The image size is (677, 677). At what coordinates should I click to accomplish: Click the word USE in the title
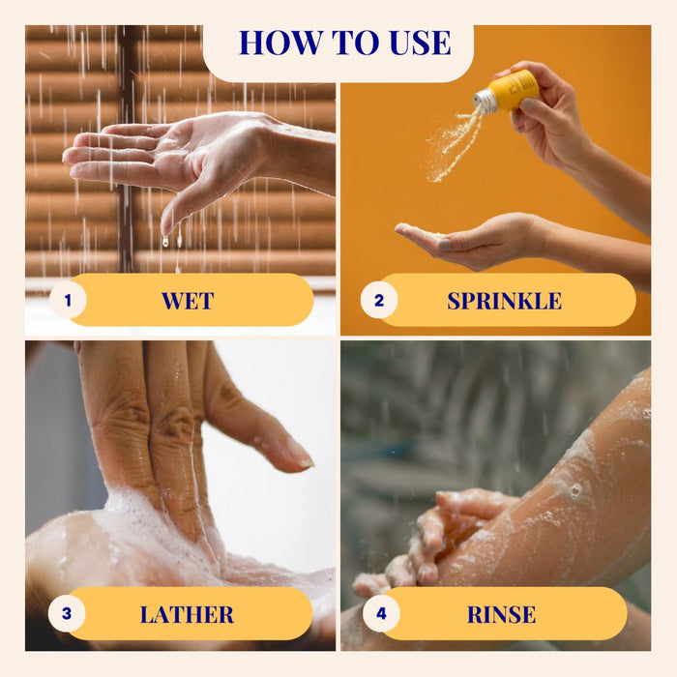pos(420,43)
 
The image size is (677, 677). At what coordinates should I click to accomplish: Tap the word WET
pos(188,301)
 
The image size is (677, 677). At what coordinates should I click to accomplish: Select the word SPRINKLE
pos(504,301)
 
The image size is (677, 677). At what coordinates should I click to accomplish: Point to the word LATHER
pos(187,614)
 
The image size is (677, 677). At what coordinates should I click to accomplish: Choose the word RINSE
pos(501,614)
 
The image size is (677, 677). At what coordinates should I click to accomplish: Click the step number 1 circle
pos(68,300)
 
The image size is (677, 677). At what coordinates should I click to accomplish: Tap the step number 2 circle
pos(379,300)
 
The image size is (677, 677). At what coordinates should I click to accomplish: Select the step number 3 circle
pos(67,613)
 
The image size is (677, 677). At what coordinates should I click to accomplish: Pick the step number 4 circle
pos(381,613)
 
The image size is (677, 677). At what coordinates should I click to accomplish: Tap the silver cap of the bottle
pos(485,103)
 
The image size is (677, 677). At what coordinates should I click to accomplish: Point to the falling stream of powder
pos(454,145)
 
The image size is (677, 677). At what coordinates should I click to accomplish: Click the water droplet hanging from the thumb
pos(165,241)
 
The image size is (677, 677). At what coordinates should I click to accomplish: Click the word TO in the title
pos(355,43)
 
